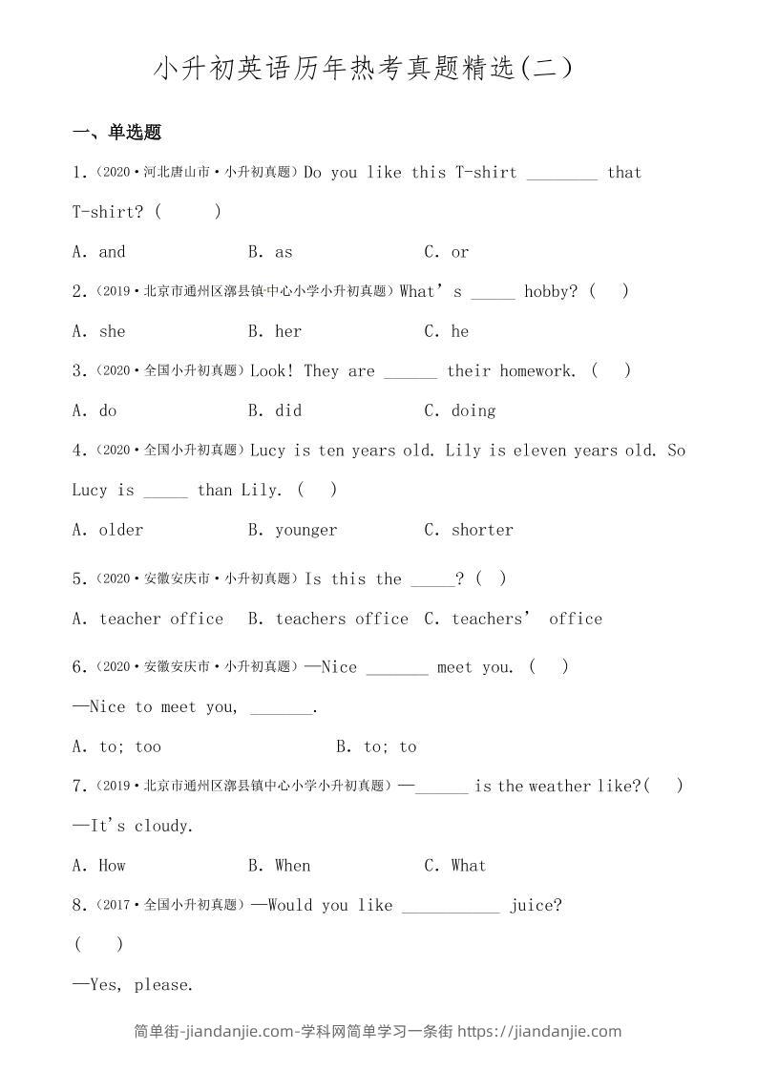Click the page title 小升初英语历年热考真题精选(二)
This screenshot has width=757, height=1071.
pos(364,70)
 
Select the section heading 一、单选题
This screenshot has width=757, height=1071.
pos(116,133)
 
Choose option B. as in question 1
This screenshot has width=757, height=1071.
pos(270,252)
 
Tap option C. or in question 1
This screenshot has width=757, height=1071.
pos(447,252)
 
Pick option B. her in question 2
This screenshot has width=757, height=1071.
pos(274,331)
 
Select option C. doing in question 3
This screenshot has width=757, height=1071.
pos(460,410)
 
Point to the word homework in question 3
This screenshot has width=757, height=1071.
pos(539,371)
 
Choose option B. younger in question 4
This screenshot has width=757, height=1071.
pos(292,530)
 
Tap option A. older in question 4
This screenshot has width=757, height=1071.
pos(108,530)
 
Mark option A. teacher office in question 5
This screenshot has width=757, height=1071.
pos(148,619)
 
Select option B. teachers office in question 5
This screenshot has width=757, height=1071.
pos(327,619)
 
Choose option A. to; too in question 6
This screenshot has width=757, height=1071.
pos(116,746)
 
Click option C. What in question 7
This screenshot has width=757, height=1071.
pos(455,866)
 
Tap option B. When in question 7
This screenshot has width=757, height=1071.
pos(279,866)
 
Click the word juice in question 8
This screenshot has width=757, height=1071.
pos(535,905)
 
